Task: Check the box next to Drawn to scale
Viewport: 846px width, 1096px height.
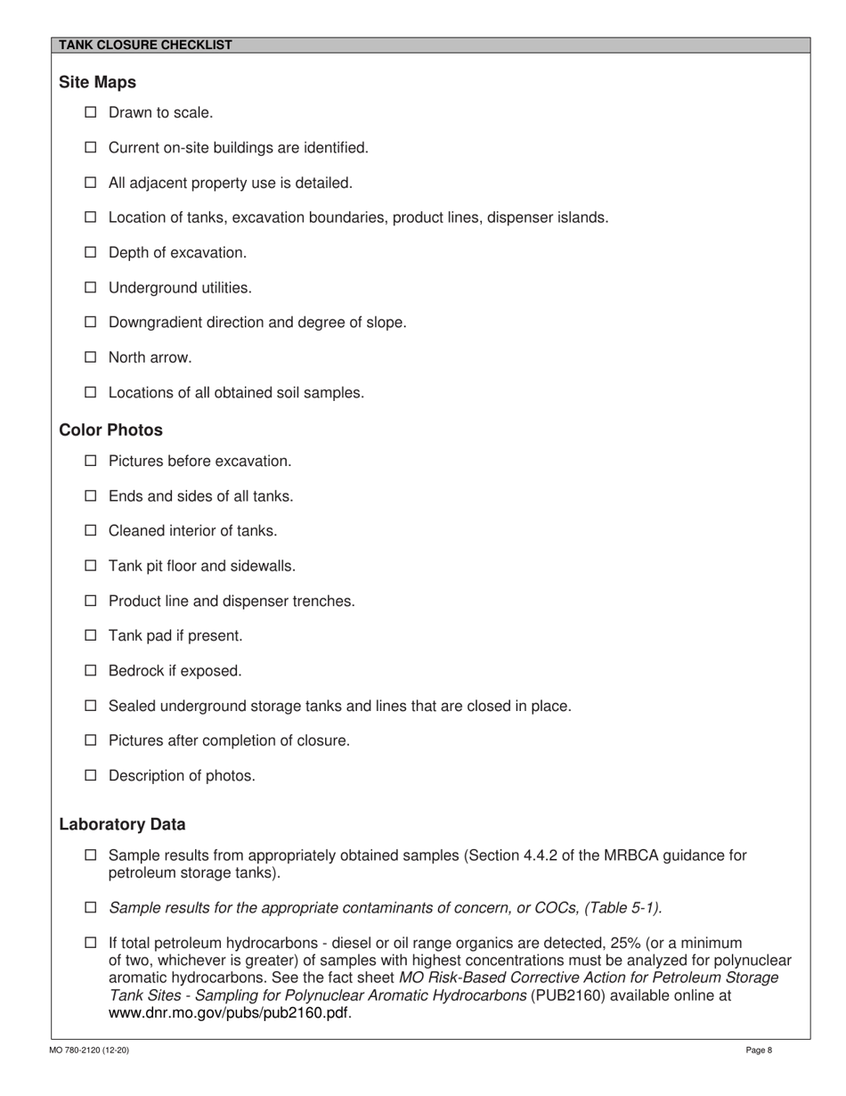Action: [x=90, y=113]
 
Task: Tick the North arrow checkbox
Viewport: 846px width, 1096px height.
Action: [x=90, y=357]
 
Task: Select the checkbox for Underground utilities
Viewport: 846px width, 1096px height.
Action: [x=90, y=288]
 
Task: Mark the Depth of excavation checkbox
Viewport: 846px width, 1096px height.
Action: [x=90, y=253]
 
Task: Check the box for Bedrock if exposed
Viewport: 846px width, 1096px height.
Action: [x=90, y=671]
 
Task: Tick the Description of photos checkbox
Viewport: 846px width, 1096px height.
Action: [x=90, y=775]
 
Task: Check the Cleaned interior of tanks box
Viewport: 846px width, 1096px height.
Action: [x=90, y=531]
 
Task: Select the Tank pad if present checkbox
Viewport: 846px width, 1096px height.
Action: [x=90, y=636]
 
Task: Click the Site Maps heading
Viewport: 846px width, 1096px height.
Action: [x=97, y=82]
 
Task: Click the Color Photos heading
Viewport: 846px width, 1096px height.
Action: [x=110, y=430]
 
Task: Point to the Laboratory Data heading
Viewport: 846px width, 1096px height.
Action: [x=122, y=824]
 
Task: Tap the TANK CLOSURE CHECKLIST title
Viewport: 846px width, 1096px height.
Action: [x=145, y=45]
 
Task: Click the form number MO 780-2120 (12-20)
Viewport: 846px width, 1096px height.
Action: [x=89, y=1051]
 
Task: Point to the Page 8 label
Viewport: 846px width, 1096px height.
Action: [x=759, y=1051]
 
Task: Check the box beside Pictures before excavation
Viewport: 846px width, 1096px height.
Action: [x=90, y=462]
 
